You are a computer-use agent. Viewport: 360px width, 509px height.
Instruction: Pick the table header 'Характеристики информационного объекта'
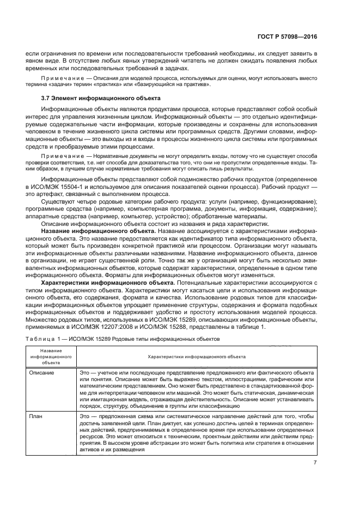[193, 356]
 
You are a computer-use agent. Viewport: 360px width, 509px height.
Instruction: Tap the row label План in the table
[36, 415]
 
